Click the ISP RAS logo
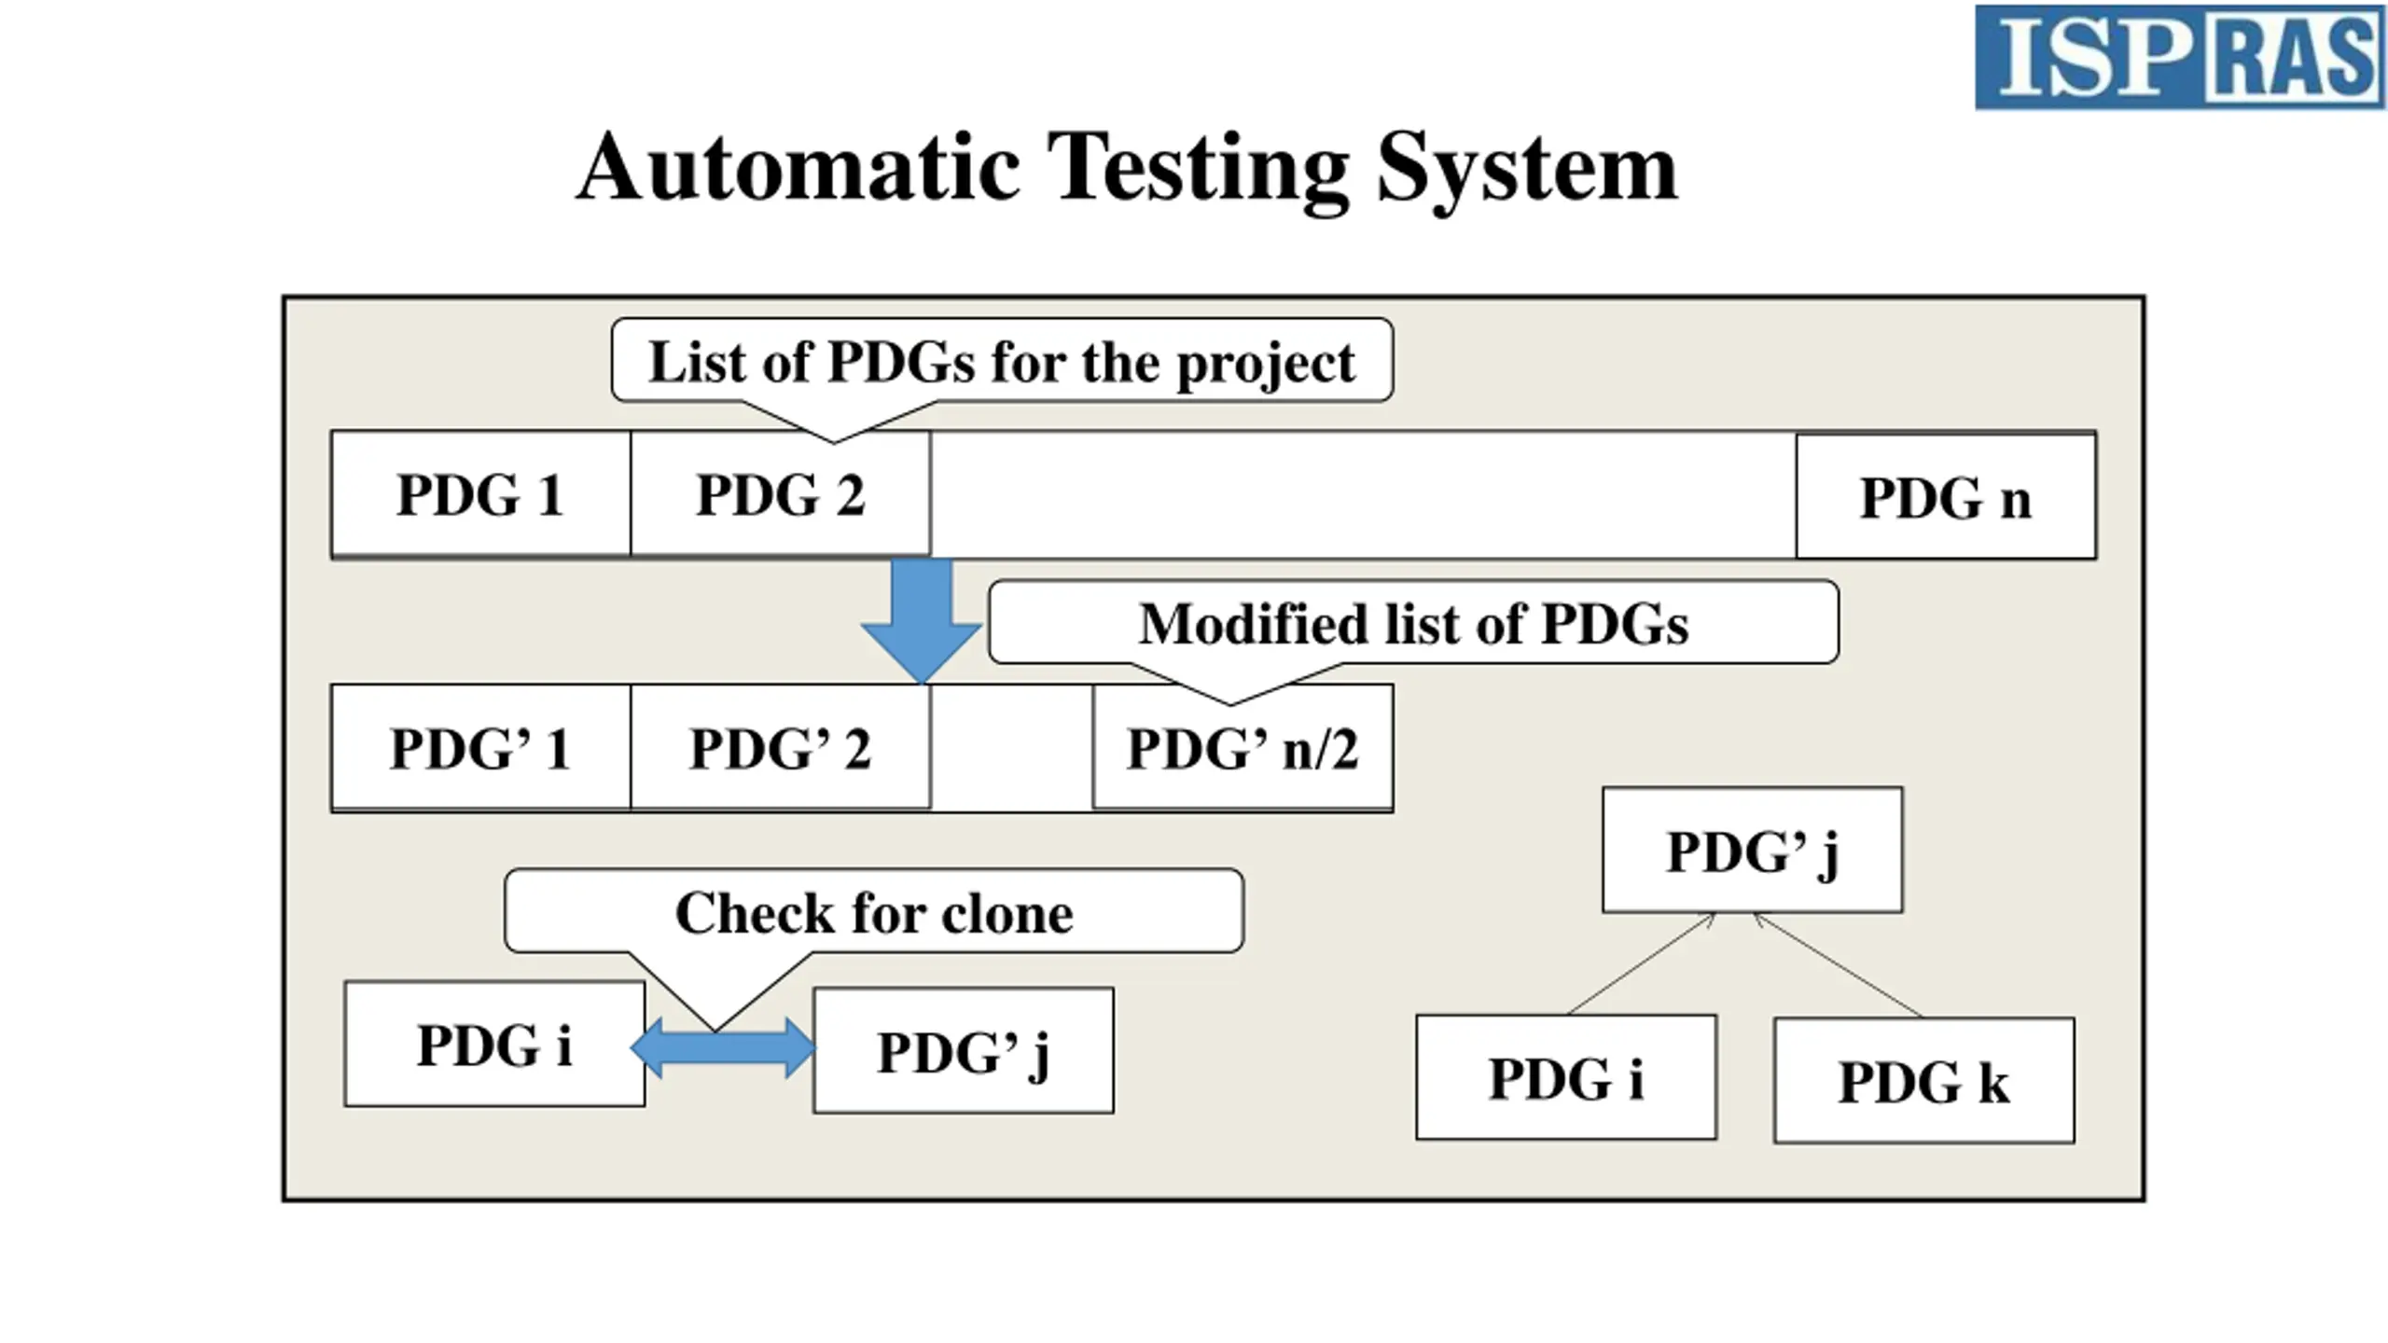click(x=2179, y=57)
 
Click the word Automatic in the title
click(x=798, y=168)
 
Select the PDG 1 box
click(x=481, y=494)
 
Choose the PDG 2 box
click(x=781, y=494)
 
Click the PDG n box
click(x=1946, y=496)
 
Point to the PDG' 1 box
click(x=481, y=748)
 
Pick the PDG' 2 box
click(x=781, y=748)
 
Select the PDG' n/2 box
click(x=1243, y=748)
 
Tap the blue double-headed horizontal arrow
click(x=723, y=1048)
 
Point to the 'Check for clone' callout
click(x=874, y=911)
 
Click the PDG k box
click(x=1924, y=1080)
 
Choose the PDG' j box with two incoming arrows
click(x=1753, y=850)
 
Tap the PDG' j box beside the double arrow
click(x=964, y=1050)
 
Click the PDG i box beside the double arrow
click(x=494, y=1044)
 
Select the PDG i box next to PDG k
click(x=1566, y=1077)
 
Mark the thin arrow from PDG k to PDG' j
click(x=1838, y=965)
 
